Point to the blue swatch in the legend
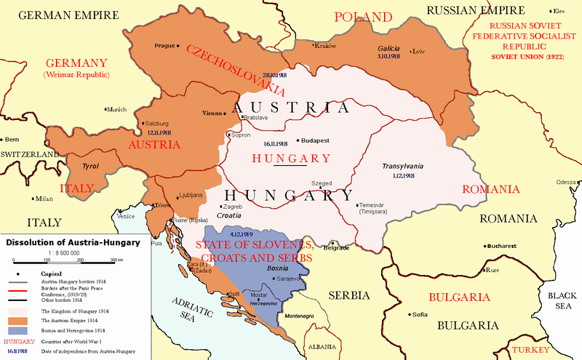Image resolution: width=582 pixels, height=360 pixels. click(x=20, y=329)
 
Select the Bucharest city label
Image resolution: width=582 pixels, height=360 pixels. click(x=501, y=246)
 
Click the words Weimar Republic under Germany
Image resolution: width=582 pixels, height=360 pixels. click(x=75, y=75)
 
